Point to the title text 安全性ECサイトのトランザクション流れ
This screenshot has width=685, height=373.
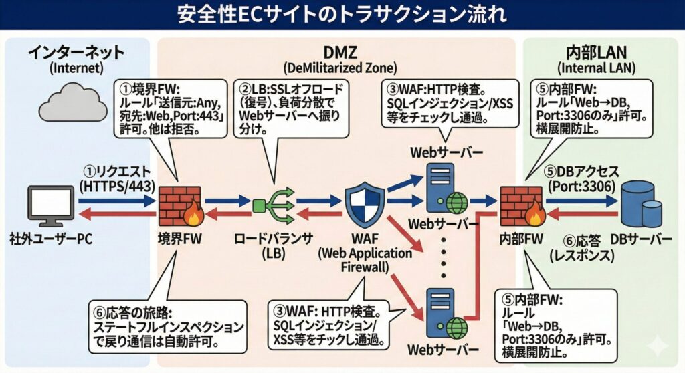point(342,15)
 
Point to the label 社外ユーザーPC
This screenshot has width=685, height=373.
point(49,239)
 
